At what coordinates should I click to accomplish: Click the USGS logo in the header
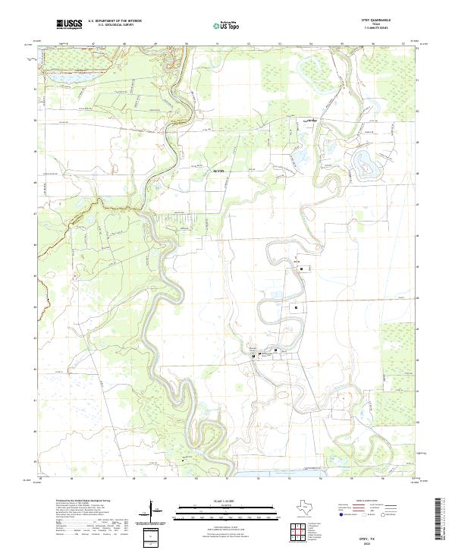click(69, 25)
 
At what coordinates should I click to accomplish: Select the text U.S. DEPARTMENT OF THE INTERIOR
click(115, 22)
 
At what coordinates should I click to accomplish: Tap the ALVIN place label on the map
click(219, 172)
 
